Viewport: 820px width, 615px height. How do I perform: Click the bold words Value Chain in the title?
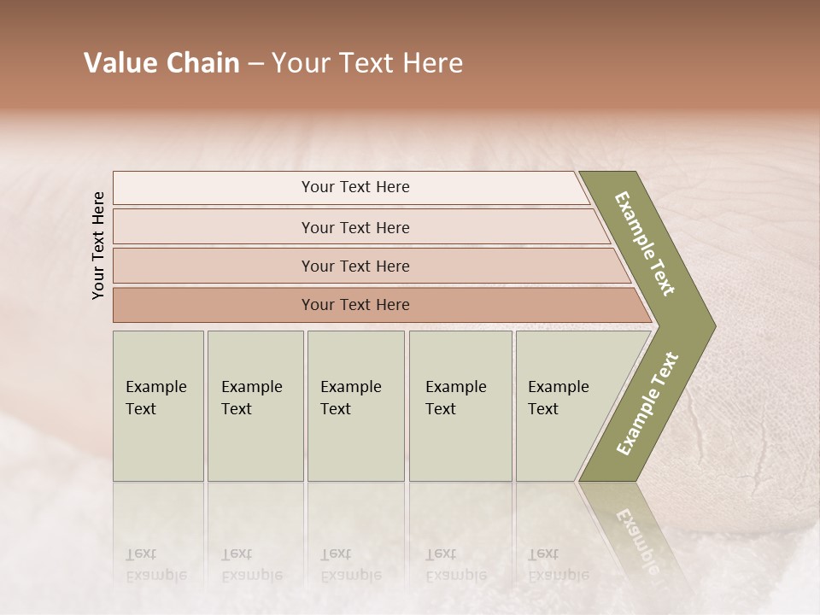point(161,63)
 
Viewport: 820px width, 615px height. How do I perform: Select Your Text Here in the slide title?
point(367,63)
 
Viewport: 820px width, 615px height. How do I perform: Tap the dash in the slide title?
point(255,64)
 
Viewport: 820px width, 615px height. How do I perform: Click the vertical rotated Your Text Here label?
point(98,245)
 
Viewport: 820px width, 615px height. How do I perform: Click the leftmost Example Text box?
point(158,406)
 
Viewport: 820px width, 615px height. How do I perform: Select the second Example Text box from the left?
point(255,406)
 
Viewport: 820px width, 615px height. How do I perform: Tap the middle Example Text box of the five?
point(355,406)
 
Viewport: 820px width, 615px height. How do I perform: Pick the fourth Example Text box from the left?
point(460,406)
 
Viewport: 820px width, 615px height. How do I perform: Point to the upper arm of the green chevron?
point(645,243)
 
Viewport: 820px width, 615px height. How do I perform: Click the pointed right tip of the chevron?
point(711,325)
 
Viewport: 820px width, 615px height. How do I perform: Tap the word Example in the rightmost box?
point(558,387)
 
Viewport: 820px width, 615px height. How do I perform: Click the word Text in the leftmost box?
point(141,409)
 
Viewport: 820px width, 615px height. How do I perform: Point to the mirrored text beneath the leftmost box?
point(155,565)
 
